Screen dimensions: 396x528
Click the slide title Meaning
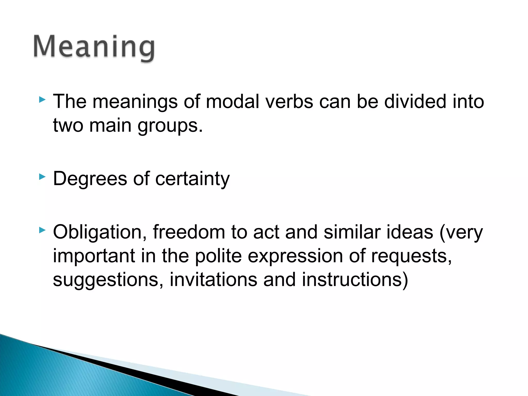(94, 47)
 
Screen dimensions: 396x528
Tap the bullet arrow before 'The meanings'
(42, 100)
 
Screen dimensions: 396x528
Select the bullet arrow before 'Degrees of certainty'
(42, 177)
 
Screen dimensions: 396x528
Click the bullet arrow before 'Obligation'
(42, 230)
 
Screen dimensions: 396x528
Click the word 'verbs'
(290, 101)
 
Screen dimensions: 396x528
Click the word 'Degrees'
(90, 179)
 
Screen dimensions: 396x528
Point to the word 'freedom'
(189, 232)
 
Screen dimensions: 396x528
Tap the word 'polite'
(218, 256)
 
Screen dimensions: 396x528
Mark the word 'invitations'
(213, 279)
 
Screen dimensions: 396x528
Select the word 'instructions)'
(355, 279)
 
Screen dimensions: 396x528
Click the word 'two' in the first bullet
(68, 126)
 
